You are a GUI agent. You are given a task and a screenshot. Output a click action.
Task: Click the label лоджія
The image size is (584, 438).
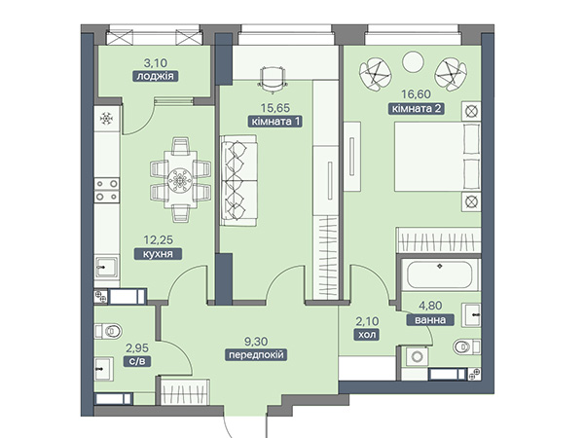pos(156,76)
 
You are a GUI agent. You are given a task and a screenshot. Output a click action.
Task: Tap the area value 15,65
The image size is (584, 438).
pos(274,108)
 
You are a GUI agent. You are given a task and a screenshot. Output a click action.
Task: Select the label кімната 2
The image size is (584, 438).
pos(417,109)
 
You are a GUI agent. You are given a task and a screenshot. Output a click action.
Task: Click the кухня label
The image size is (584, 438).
pos(158,254)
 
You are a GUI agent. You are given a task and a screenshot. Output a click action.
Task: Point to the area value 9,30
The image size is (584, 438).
pos(256,342)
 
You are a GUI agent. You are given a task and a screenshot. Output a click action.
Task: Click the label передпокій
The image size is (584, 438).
pos(256,355)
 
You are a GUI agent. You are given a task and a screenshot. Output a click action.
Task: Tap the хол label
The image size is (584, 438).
pos(367,335)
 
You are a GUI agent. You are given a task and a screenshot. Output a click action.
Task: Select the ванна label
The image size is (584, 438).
pos(430,320)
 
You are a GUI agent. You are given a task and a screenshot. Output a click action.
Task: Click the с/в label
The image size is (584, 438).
pos(137,361)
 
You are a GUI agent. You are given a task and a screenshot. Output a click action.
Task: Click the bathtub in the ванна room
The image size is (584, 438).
pos(440,274)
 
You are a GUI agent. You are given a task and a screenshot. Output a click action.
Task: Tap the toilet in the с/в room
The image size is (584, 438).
pos(108,331)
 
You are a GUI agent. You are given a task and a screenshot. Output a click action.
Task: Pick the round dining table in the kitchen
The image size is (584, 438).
pos(180,181)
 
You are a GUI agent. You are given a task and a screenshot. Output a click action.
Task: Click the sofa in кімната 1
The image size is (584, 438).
pos(238,181)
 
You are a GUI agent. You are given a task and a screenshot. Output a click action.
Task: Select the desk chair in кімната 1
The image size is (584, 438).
pos(272,79)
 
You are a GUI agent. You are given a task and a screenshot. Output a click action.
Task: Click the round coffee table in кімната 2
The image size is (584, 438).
pos(413,61)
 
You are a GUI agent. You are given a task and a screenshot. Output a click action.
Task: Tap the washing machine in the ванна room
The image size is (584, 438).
pos(418,357)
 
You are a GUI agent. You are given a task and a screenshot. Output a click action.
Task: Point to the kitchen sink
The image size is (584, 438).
pos(107,267)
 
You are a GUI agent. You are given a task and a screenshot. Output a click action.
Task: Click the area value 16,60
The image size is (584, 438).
pos(416,94)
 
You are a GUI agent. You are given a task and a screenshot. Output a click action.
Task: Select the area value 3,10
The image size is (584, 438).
pos(156,62)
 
